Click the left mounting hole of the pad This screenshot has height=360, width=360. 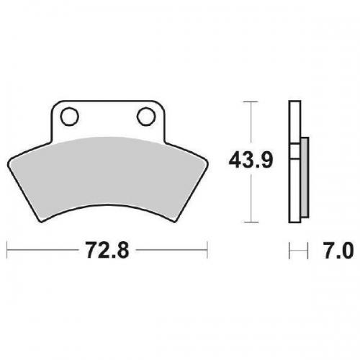pyautogui.click(x=71, y=114)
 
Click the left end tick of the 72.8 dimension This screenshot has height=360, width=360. pyautogui.click(x=7, y=251)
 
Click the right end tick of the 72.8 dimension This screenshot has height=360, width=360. pyautogui.click(x=207, y=251)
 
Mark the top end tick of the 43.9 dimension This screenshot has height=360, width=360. pyautogui.click(x=250, y=102)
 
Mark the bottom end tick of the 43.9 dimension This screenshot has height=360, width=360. pyautogui.click(x=250, y=221)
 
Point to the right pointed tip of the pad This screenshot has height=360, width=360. pyautogui.click(x=207, y=161)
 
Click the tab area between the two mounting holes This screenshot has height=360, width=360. pyautogui.click(x=107, y=119)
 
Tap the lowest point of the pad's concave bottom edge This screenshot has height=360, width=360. pyautogui.click(x=107, y=202)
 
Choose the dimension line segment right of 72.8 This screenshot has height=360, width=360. pyautogui.click(x=173, y=251)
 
